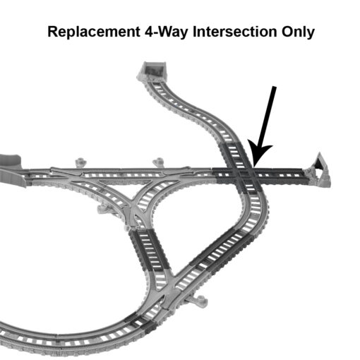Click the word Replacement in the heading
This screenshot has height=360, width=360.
94,32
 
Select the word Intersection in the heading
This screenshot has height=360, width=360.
235,32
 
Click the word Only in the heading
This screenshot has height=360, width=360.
298,32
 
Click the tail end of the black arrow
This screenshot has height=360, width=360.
275,87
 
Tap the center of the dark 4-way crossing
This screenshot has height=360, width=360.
246,174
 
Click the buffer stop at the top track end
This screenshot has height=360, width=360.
153,70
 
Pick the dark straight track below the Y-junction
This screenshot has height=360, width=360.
150,248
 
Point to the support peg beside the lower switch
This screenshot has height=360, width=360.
199,299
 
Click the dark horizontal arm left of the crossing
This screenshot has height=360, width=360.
224,174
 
